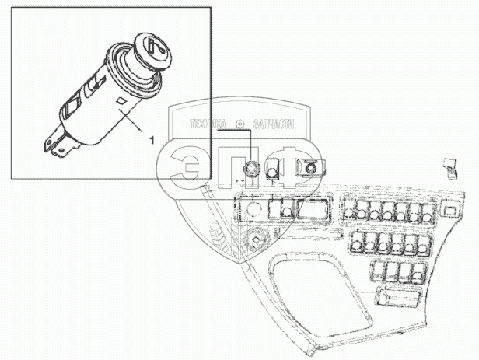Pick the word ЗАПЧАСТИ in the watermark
pos(271,124)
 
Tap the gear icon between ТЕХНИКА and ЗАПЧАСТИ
pos(239,124)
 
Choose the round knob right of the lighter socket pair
pos(311,166)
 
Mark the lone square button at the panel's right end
pos(449,208)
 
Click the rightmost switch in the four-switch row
pos(416,271)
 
